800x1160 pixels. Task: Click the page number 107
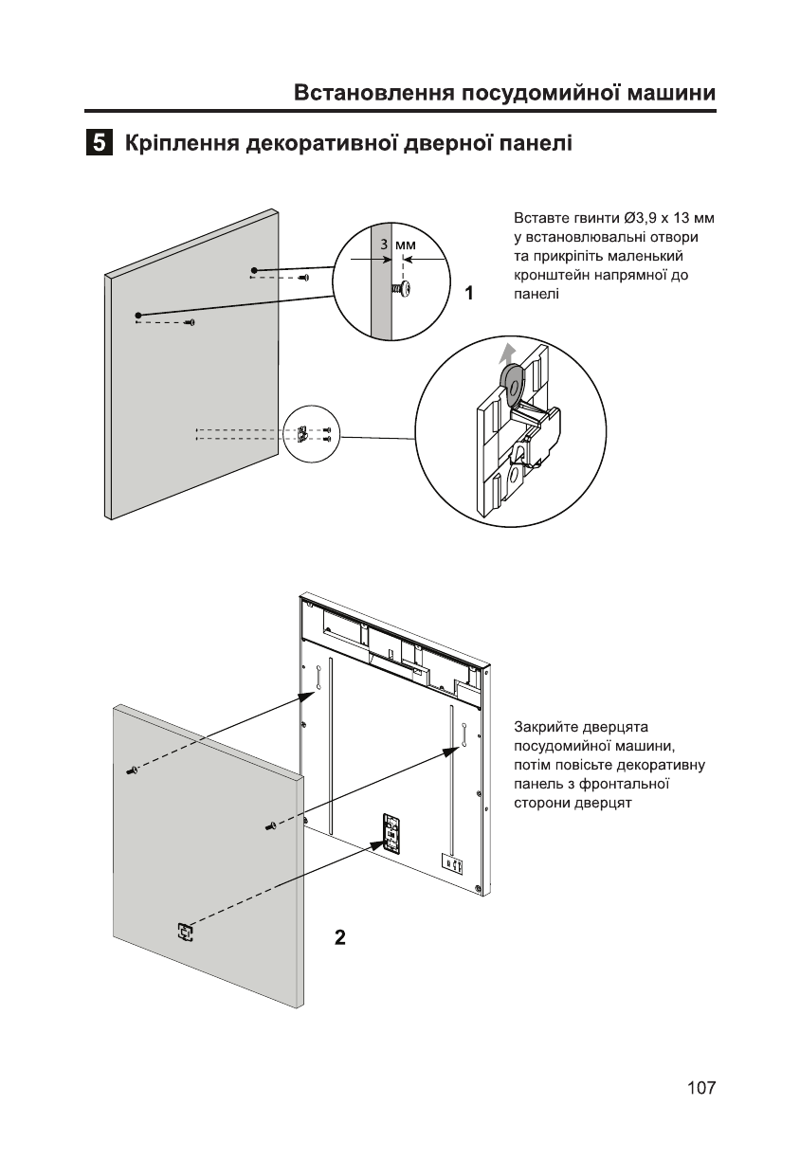point(700,1088)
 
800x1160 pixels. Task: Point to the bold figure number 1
point(468,294)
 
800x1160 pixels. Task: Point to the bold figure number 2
point(339,938)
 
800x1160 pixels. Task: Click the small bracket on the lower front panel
point(184,933)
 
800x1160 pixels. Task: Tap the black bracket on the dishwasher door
point(391,829)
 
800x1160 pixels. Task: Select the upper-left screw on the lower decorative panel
point(132,770)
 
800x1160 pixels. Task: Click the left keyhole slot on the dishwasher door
point(319,677)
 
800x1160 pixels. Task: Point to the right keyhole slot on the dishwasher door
point(465,734)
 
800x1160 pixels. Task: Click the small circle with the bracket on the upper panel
point(311,434)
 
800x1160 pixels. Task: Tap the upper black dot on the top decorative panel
point(253,271)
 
